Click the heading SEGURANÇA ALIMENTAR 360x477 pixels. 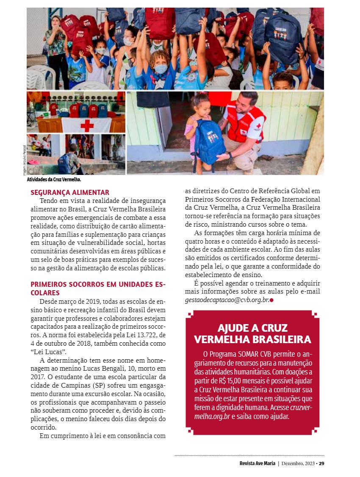[70, 192]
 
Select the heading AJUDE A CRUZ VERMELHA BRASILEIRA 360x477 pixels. [252, 333]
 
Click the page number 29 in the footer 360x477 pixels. [321, 463]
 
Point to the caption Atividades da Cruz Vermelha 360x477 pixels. [54, 180]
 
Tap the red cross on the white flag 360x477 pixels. [87, 125]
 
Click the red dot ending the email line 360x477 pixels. [271, 300]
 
